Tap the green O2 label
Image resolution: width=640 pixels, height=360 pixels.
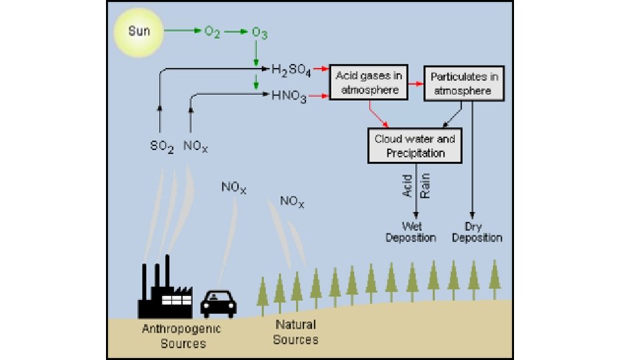click(x=213, y=32)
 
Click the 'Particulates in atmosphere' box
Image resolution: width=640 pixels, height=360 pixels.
click(x=464, y=83)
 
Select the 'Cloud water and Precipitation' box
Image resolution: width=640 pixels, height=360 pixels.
click(x=415, y=146)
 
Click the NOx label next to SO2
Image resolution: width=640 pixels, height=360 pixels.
click(x=195, y=146)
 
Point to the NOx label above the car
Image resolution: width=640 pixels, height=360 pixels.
click(x=233, y=188)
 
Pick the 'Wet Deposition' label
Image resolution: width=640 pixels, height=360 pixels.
click(x=411, y=233)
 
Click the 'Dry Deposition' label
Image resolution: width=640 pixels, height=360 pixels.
click(x=477, y=233)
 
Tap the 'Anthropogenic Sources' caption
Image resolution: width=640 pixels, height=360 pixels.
click(x=181, y=336)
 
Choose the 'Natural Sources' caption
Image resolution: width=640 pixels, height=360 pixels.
click(x=295, y=332)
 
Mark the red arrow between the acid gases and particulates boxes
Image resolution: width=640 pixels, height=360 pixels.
click(x=415, y=83)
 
